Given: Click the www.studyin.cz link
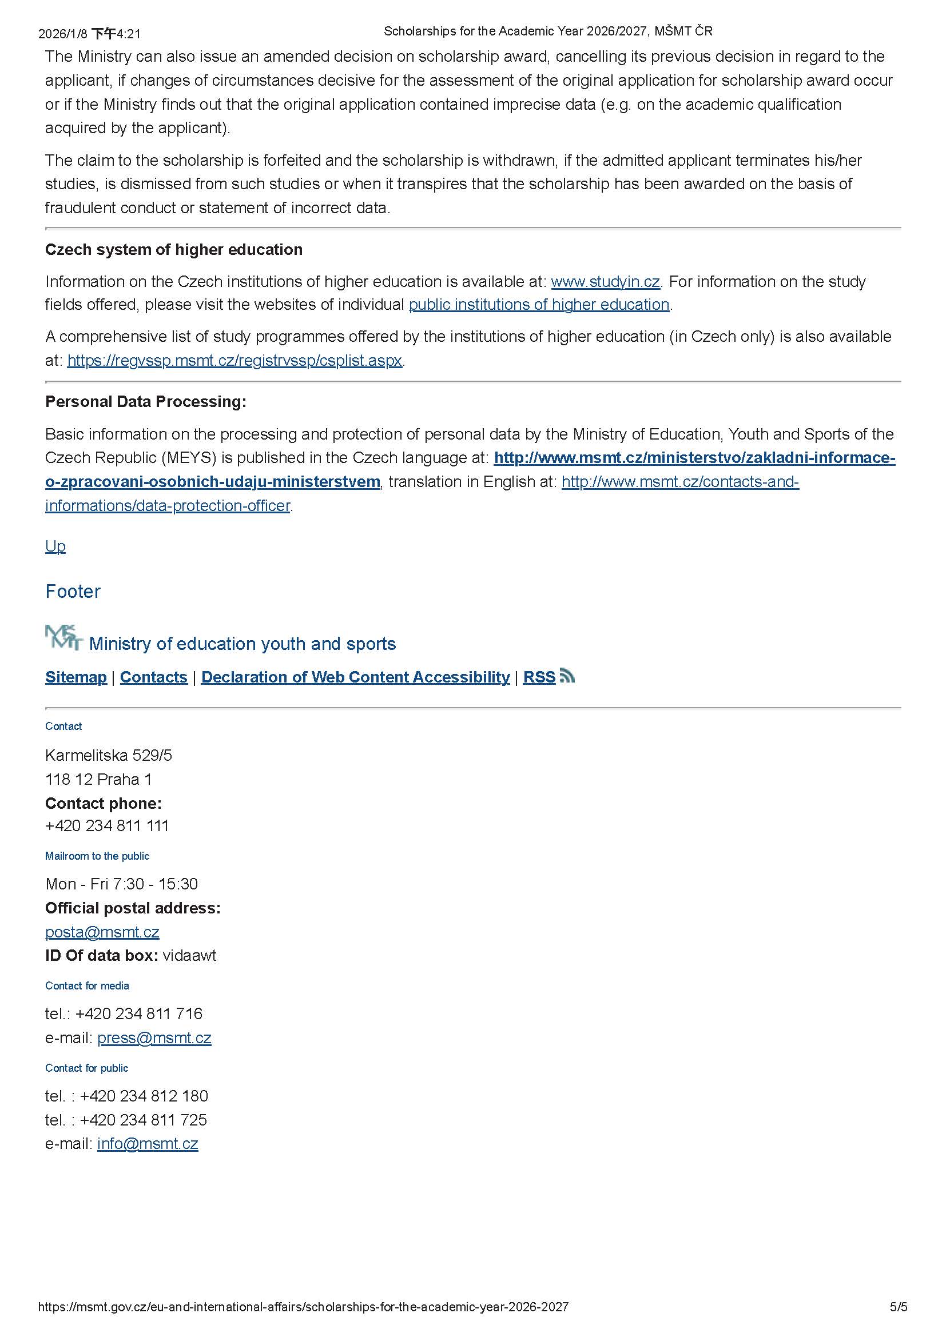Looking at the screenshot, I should (605, 282).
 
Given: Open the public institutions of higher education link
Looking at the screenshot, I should (539, 305).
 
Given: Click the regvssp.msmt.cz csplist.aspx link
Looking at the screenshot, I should (234, 361).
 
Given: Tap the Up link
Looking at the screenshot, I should (55, 546).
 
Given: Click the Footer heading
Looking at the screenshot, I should (73, 591).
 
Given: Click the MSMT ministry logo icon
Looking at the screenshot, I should (63, 638).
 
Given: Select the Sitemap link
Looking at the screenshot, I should (75, 677).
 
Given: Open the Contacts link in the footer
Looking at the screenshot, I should (153, 677).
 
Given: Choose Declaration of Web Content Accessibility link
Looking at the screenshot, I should (355, 677).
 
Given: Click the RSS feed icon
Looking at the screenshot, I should (567, 676).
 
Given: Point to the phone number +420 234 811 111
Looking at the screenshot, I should (107, 826).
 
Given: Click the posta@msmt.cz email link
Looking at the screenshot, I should (102, 932).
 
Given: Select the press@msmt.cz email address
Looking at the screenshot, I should (154, 1037).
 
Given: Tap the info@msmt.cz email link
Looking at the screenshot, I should (148, 1144).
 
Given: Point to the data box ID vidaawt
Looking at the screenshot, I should (189, 956).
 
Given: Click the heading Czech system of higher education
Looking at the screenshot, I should (174, 250).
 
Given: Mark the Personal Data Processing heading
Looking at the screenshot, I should (146, 402).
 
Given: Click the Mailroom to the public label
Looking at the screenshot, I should (97, 856).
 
